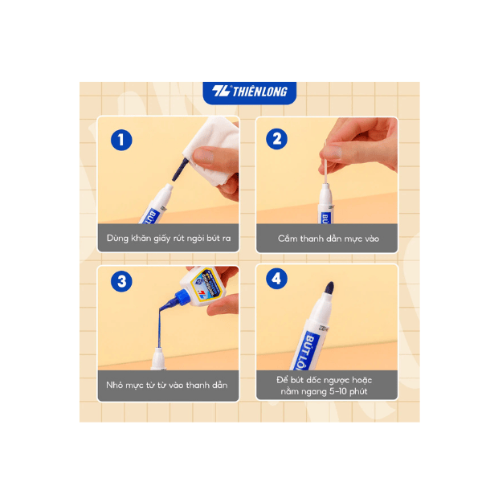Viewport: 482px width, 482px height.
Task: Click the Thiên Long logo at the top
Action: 249,92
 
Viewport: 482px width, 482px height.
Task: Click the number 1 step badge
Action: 120,140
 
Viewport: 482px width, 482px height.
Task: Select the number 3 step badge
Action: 120,280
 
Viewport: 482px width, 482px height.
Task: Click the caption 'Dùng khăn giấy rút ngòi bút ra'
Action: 169,239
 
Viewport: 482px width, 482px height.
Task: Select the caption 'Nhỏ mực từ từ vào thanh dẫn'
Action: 169,386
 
